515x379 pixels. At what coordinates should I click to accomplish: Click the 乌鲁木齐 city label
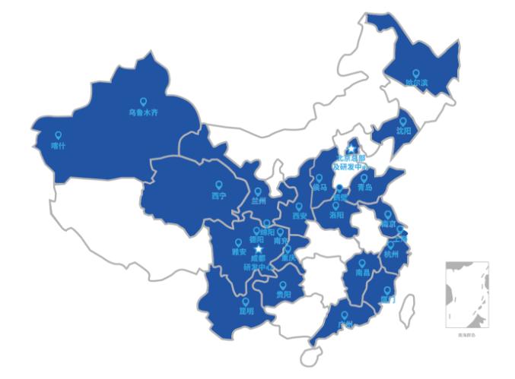[143, 112]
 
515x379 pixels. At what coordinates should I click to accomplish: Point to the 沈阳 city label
[402, 131]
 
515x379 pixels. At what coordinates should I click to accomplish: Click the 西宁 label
[219, 195]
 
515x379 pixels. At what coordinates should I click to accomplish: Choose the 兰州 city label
[259, 201]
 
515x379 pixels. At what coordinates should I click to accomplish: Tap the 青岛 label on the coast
[364, 187]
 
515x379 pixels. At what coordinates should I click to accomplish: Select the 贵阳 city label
[283, 294]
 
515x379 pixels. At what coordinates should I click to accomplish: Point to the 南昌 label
[361, 271]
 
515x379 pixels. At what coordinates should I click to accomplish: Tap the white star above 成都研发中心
[259, 249]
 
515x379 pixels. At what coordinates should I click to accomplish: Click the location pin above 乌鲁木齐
[142, 102]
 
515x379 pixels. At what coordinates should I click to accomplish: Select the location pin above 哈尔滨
[415, 74]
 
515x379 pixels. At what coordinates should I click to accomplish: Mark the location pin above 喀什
[58, 135]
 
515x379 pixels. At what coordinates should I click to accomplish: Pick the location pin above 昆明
[246, 301]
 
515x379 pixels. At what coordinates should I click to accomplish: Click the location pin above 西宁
[219, 185]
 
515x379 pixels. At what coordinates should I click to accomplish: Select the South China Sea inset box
[466, 294]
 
